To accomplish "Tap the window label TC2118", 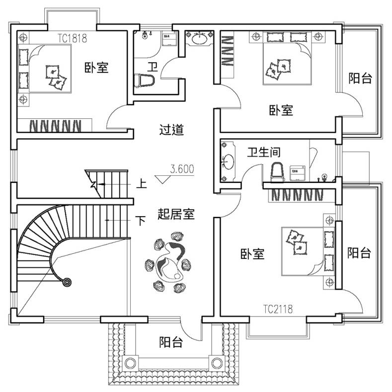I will point(278,310).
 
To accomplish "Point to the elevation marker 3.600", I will point(182,169).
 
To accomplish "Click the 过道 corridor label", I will point(171,130).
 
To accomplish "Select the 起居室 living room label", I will point(176,214).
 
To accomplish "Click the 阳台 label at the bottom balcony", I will point(171,342).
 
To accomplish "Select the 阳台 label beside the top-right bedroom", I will point(360,78).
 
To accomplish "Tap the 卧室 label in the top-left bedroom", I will point(96,68).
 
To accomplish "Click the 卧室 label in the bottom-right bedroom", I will point(252,254).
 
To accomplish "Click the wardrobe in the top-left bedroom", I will point(55,125).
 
